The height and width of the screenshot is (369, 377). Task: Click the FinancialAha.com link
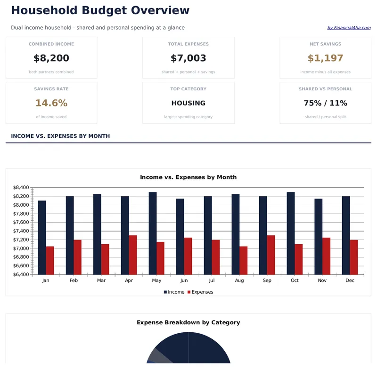point(349,28)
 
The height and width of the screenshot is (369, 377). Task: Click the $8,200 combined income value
point(51,58)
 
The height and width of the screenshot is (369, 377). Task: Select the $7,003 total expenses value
point(188,58)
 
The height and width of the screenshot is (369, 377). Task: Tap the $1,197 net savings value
point(325,58)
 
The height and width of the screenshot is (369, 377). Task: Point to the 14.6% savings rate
point(51,103)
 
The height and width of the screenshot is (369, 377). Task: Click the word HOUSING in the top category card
point(188,103)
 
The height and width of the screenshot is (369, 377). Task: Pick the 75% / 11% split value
point(325,103)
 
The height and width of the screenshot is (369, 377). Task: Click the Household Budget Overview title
point(100,10)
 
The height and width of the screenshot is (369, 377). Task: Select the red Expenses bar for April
point(133,255)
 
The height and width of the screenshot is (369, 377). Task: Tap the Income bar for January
point(42,237)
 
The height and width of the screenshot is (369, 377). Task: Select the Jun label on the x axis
point(184,281)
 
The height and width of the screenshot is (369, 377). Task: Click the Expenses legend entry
point(200,292)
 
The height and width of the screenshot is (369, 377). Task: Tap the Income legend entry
point(174,292)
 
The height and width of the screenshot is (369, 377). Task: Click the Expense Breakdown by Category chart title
point(188,322)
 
